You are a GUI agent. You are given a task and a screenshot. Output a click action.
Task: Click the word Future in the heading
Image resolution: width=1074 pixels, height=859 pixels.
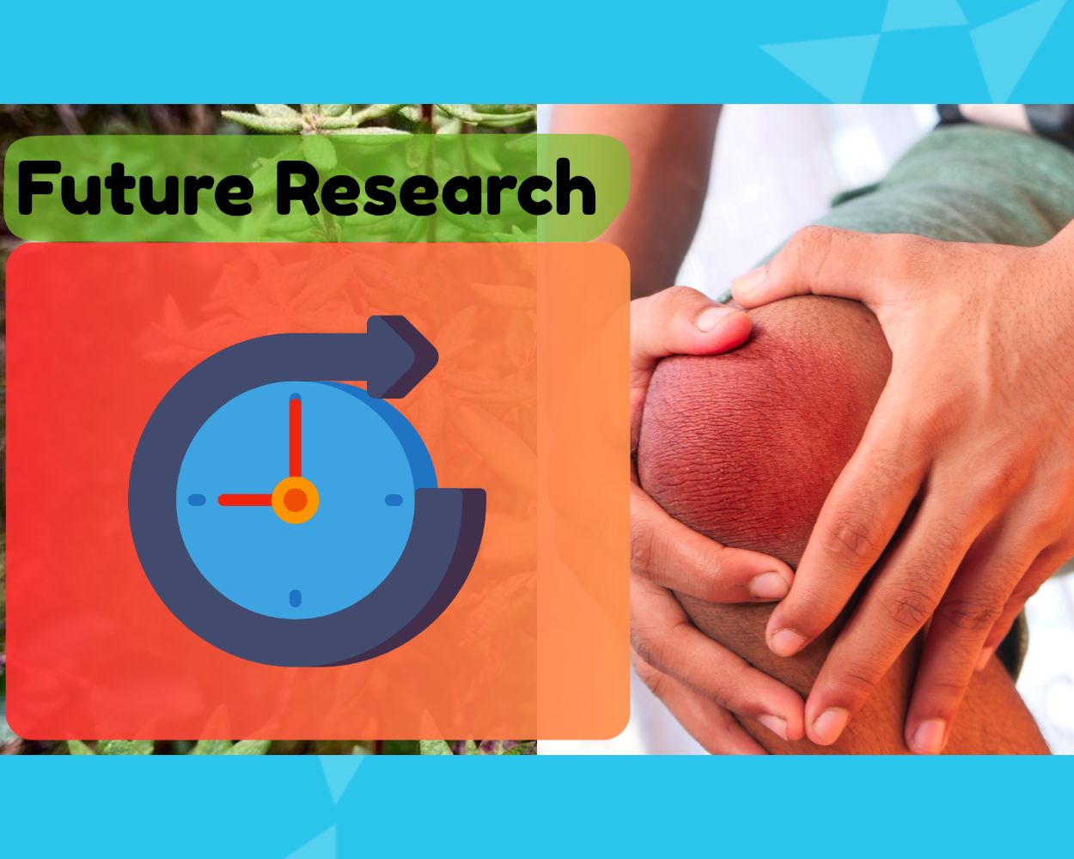pos(135,188)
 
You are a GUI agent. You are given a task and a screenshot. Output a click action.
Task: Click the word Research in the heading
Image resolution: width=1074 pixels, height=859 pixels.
pos(436,186)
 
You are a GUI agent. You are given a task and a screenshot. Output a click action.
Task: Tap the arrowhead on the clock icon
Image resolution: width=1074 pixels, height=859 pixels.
pos(402,356)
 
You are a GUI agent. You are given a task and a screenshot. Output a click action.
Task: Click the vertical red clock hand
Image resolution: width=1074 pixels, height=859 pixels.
pos(295,438)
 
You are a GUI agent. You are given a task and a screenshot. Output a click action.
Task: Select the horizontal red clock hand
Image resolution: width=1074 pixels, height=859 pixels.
pos(245,500)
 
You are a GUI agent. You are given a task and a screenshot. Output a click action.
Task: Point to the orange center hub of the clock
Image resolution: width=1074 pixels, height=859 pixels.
pos(295,500)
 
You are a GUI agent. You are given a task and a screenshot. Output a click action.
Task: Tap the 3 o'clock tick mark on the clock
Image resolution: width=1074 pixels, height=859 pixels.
pos(394,500)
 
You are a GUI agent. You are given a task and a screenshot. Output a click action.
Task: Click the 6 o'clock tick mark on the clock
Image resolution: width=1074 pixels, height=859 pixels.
pos(296,598)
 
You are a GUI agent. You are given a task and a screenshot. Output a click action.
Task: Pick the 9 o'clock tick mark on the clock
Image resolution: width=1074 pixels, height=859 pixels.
pos(197,500)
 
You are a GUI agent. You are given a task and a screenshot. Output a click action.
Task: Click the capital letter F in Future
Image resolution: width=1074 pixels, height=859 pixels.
pos(38,189)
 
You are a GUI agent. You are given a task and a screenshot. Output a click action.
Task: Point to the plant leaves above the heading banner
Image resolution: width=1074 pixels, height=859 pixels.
pos(379,119)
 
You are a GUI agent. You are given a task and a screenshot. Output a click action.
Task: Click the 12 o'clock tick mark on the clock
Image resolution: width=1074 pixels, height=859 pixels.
pos(295,398)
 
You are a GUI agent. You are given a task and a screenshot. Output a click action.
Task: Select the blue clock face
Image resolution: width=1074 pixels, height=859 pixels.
pos(295,500)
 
